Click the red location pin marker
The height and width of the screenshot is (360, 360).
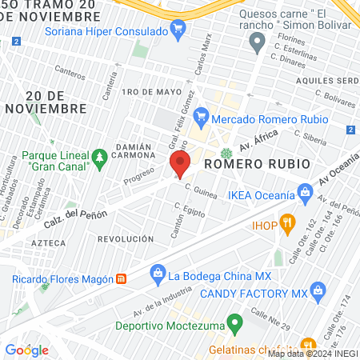[x=179, y=166]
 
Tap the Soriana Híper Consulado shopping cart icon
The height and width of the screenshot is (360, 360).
[x=179, y=31]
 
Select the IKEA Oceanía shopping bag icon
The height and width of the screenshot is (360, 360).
[x=305, y=193]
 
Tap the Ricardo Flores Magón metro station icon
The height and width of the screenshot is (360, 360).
[x=121, y=279]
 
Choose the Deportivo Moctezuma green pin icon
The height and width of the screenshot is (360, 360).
[x=234, y=325]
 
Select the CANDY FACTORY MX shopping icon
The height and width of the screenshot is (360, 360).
[x=318, y=290]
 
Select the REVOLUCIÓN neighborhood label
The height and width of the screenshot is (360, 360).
[x=125, y=239]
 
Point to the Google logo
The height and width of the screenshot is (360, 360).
[x=26, y=350]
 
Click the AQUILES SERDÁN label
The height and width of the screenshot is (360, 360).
[x=325, y=81]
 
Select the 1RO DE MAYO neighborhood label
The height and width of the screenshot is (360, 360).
[x=142, y=92]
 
